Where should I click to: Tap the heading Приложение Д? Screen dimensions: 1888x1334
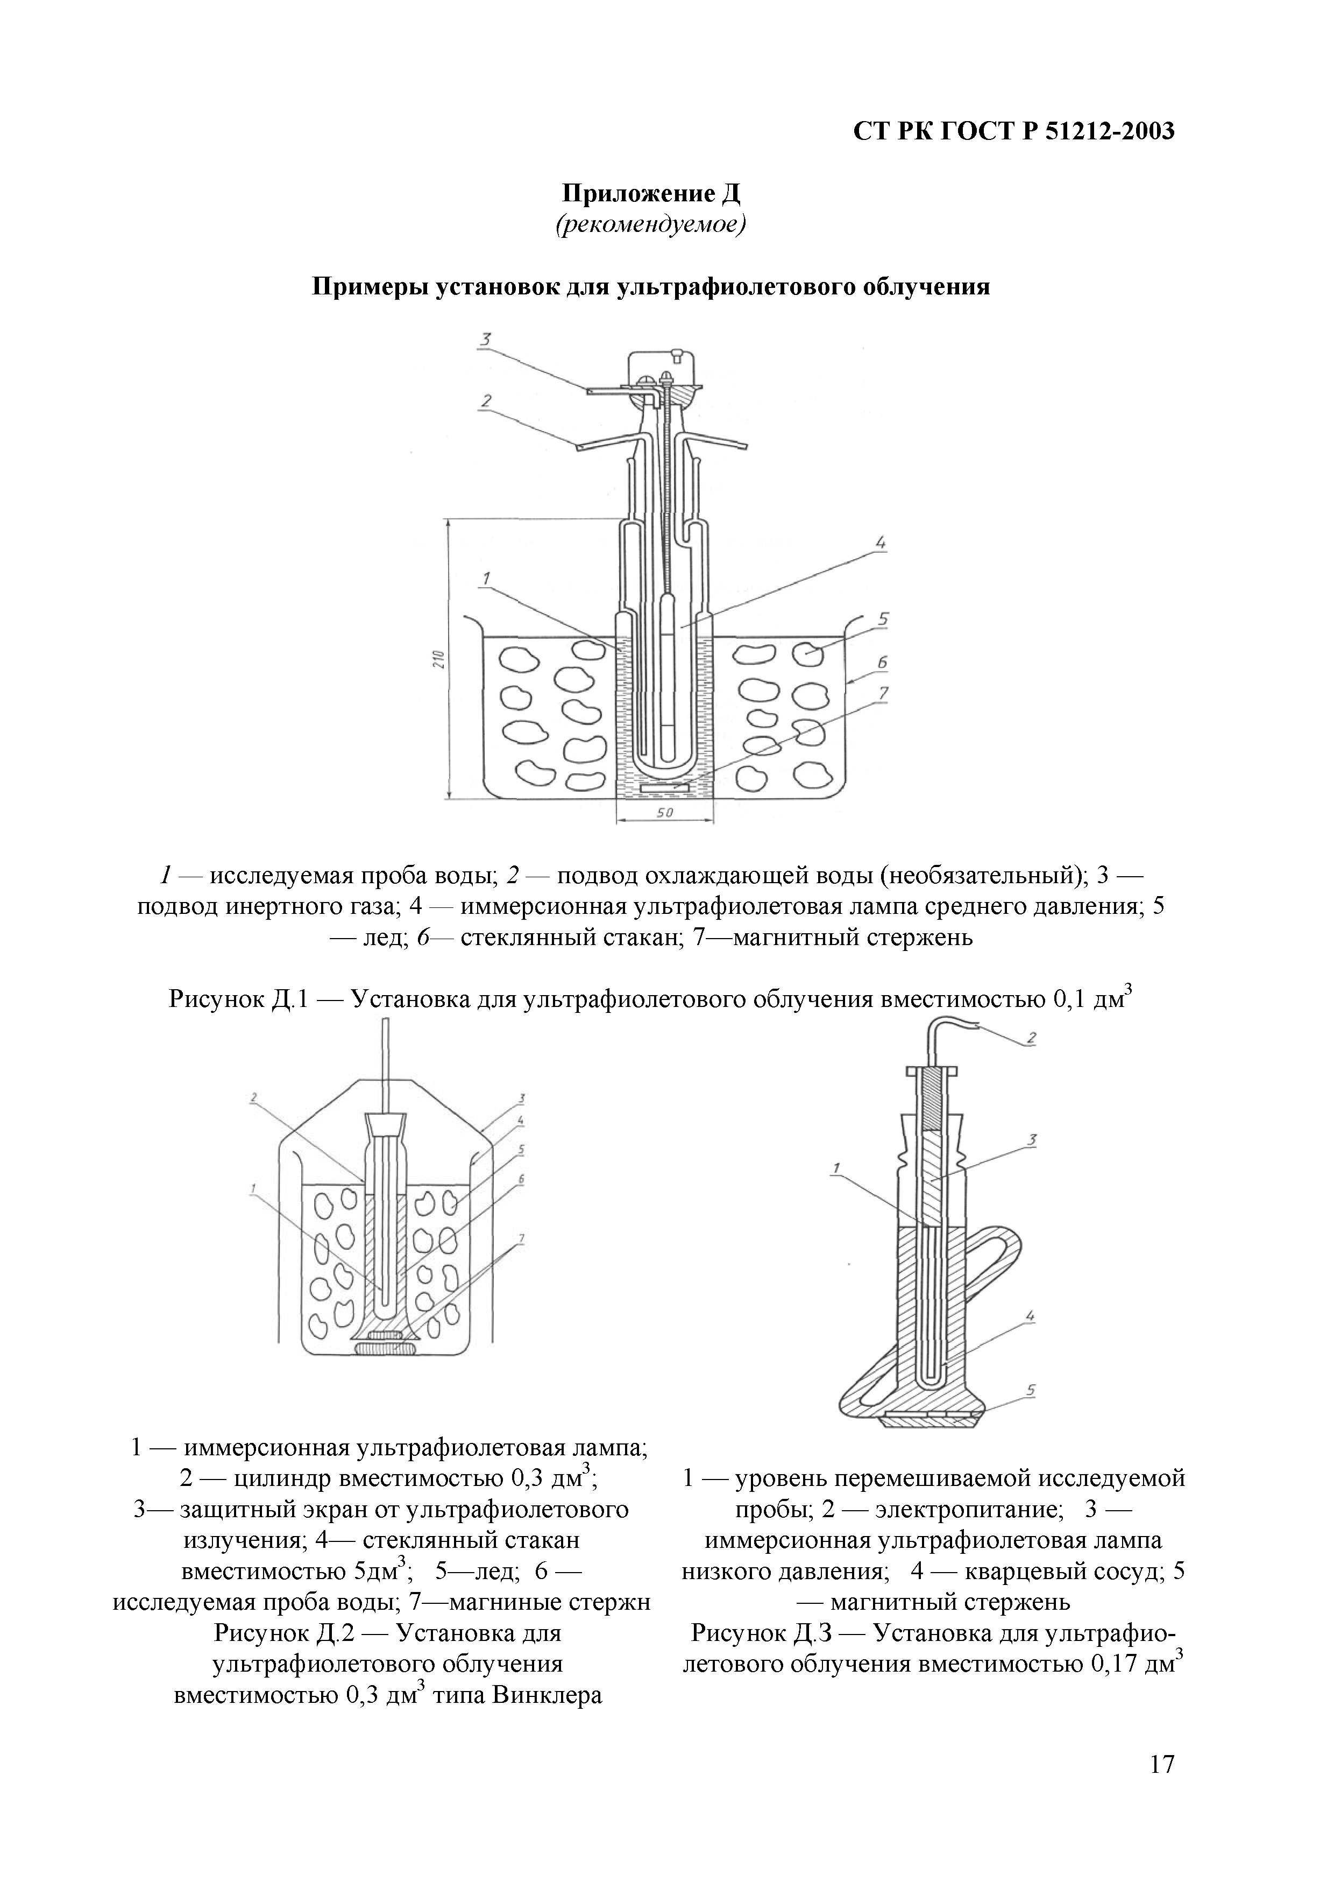pyautogui.click(x=651, y=194)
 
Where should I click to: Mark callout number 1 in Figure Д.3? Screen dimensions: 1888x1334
pyautogui.click(x=837, y=1168)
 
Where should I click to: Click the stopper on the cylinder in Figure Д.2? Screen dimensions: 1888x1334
pyautogui.click(x=385, y=1123)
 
